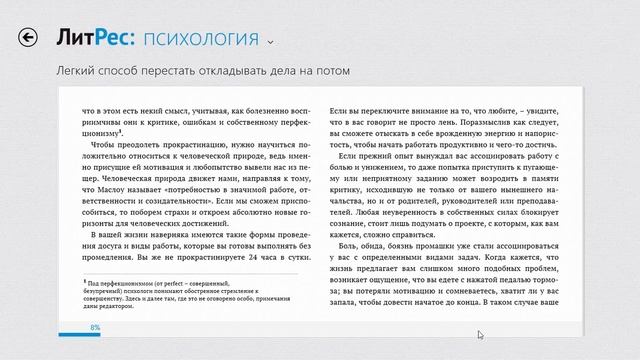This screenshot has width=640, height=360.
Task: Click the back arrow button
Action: tap(29, 39)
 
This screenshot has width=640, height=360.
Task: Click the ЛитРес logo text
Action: tap(91, 39)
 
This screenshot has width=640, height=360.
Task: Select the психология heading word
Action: tap(200, 40)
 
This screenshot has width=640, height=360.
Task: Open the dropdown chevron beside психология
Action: tap(270, 42)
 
